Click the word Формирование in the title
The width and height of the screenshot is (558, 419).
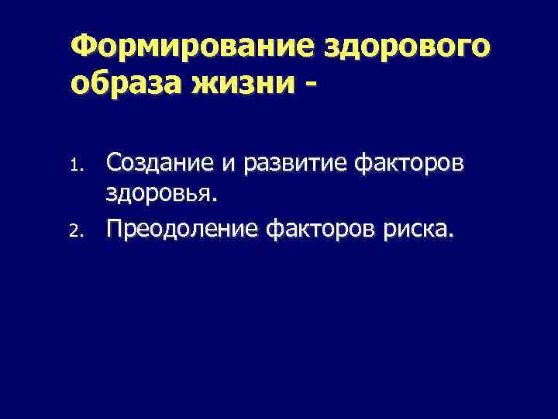coord(189,47)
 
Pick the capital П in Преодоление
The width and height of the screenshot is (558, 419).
coord(115,227)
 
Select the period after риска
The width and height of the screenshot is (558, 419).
coord(446,235)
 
